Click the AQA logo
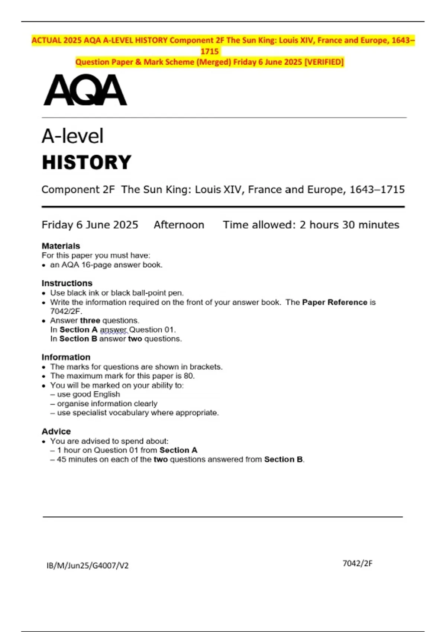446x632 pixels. point(85,90)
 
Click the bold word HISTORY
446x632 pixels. point(87,162)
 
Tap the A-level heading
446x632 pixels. point(72,136)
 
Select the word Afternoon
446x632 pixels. point(179,225)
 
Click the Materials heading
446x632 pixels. point(61,246)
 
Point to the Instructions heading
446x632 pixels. point(67,283)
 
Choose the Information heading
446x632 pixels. point(66,357)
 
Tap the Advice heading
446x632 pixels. point(56,431)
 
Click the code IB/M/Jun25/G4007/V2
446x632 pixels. point(87,565)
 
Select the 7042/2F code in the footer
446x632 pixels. point(357,563)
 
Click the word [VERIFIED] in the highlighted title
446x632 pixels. point(324,62)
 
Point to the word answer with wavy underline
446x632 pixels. point(113,330)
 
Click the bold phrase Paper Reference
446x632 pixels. point(334,302)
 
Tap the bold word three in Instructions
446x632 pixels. point(90,320)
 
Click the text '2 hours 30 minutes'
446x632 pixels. point(349,225)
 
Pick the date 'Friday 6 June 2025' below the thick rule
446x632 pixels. point(90,225)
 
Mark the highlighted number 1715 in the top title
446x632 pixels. point(210,51)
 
